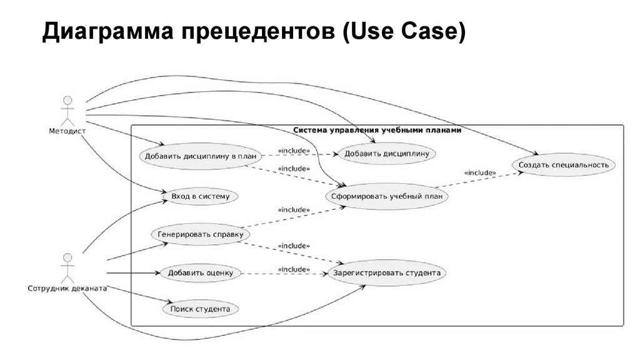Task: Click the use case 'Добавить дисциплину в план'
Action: pyautogui.click(x=194, y=156)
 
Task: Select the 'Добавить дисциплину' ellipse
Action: pyautogui.click(x=386, y=152)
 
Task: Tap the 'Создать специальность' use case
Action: pyautogui.click(x=564, y=165)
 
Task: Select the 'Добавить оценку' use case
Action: pyautogui.click(x=200, y=272)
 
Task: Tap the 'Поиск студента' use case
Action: pyautogui.click(x=200, y=309)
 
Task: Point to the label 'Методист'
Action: pyautogui.click(x=67, y=131)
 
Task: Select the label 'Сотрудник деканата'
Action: pyautogui.click(x=67, y=289)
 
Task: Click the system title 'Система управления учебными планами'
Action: pyautogui.click(x=377, y=131)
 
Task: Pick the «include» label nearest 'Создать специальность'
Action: pyautogui.click(x=480, y=172)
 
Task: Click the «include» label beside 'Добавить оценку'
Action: pyautogui.click(x=293, y=269)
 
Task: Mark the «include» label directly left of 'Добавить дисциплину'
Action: pyautogui.click(x=293, y=151)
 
